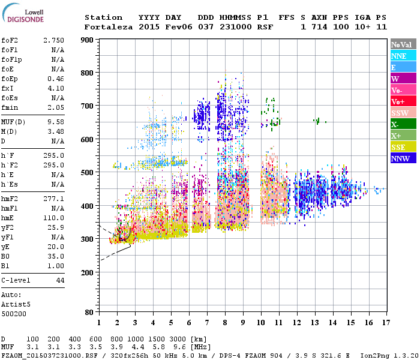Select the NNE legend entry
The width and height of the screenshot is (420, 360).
(x=398, y=56)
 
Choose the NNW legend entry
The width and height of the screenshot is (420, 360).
(x=400, y=158)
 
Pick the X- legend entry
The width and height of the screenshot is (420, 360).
(x=395, y=124)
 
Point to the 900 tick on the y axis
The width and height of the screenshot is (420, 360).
(x=88, y=40)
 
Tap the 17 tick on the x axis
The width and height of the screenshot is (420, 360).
(x=385, y=323)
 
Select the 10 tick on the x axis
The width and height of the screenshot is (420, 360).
(x=261, y=323)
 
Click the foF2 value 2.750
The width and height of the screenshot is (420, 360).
(x=53, y=40)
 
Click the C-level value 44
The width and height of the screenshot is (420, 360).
(x=60, y=280)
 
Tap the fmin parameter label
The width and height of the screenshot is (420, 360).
(x=9, y=107)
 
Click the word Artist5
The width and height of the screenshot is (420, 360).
(x=14, y=304)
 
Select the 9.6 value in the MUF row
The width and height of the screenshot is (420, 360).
(x=179, y=347)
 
